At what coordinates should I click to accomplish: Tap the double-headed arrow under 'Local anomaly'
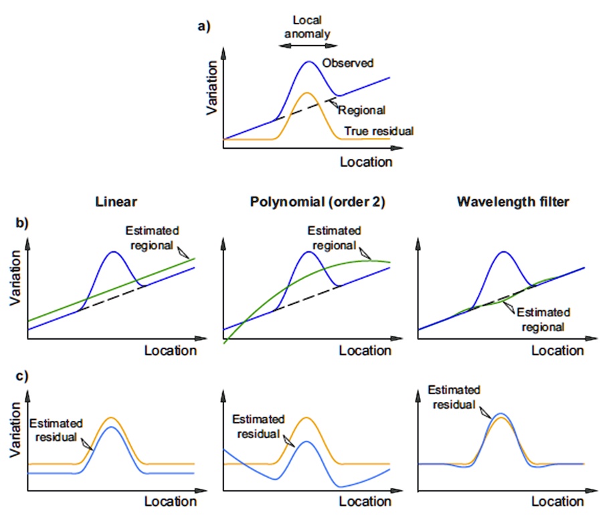point(308,46)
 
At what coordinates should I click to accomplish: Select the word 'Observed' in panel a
point(347,63)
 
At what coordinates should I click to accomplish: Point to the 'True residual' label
point(379,131)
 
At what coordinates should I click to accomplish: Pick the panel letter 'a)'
point(204,26)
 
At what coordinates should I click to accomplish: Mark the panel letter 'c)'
point(23,375)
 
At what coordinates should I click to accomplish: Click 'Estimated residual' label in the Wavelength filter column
point(453,397)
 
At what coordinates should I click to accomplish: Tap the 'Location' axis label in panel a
point(365,162)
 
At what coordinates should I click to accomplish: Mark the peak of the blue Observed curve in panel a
point(309,62)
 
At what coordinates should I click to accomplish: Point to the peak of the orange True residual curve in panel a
point(306,92)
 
